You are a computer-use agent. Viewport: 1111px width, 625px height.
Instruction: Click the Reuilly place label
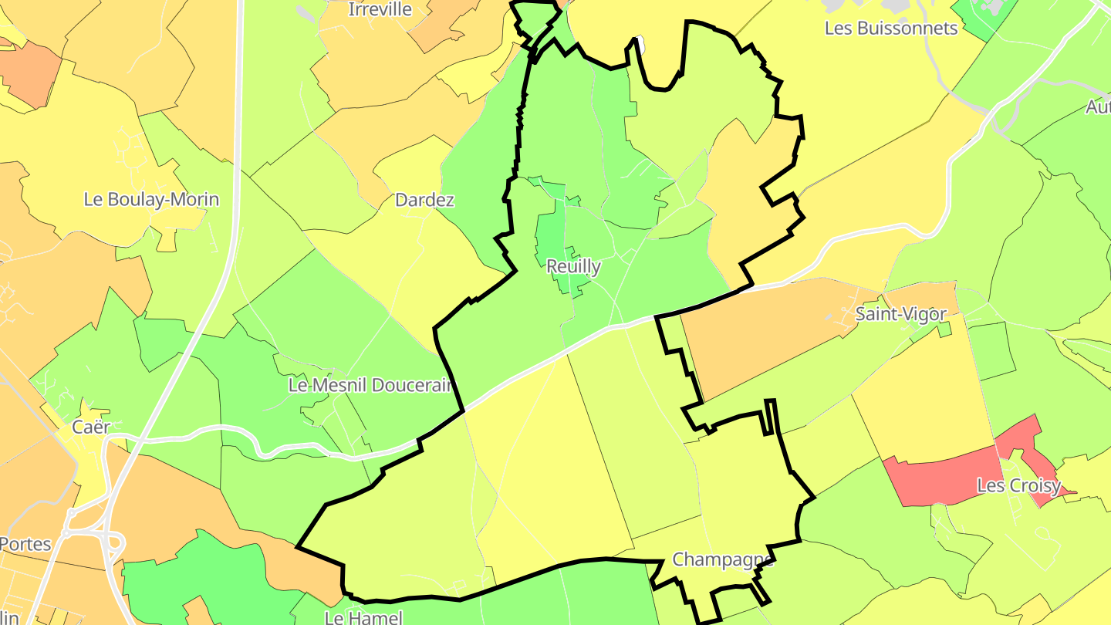coord(573,267)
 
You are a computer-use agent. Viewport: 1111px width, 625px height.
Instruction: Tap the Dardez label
coord(424,201)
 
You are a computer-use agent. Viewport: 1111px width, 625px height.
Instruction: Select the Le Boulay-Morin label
coord(151,200)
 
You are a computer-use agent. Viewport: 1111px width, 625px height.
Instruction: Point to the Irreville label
coord(380,10)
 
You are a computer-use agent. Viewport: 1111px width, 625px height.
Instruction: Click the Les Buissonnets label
coord(891,29)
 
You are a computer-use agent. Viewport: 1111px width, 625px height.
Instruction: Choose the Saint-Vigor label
coord(890,315)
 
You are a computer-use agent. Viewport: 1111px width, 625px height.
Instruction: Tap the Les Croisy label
coord(1013,486)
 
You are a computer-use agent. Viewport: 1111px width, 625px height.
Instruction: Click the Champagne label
coord(722,559)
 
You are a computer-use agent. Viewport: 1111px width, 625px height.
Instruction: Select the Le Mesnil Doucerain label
coord(370,385)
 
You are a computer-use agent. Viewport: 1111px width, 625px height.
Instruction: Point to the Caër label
coord(91,427)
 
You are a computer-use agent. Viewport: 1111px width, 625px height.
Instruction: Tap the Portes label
coord(25,543)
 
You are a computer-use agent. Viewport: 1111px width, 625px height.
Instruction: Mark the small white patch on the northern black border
coord(639,45)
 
